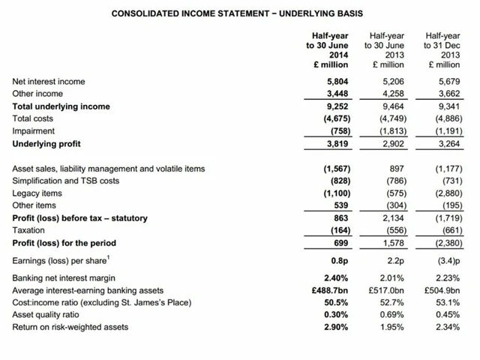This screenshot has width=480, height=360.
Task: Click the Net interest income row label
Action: point(49,81)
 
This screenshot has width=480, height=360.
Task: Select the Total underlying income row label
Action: point(61,106)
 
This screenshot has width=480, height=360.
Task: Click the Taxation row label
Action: point(29,230)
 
